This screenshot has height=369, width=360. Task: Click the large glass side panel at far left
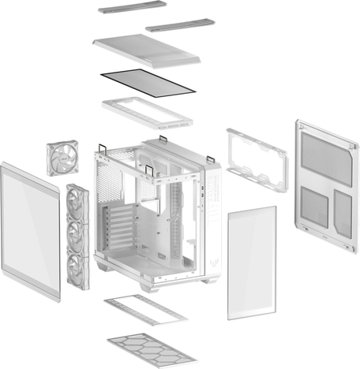pos(30,234)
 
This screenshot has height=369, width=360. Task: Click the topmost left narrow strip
pos(132,9)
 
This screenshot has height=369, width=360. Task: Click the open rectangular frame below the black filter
pos(148,110)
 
